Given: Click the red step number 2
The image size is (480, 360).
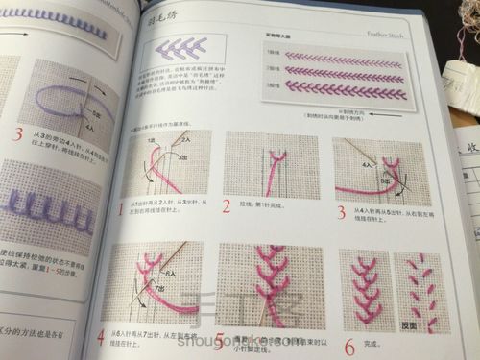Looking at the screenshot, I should (x=227, y=205).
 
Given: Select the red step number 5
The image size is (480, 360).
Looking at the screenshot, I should (x=220, y=341).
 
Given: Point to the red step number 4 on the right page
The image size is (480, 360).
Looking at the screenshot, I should (x=101, y=337).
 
